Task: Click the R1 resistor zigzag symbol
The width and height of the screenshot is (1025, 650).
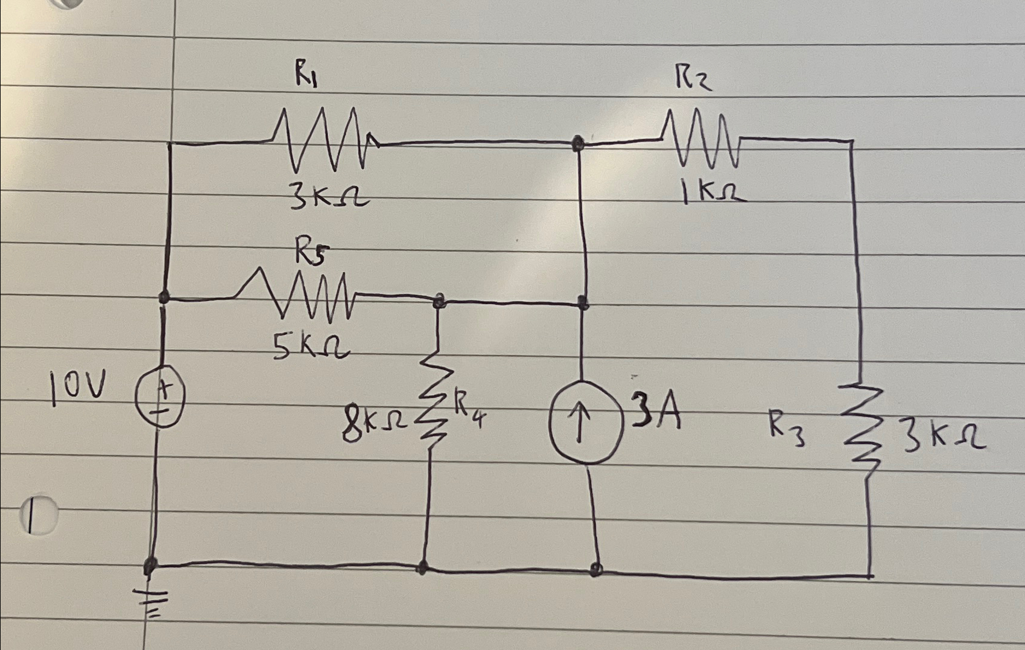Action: tap(326, 139)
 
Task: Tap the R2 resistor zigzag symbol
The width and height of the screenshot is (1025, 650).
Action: tap(700, 138)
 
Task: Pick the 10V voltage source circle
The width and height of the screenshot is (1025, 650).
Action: tap(160, 397)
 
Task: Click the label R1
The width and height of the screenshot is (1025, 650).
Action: tap(306, 75)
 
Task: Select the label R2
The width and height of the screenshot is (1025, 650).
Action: tap(693, 78)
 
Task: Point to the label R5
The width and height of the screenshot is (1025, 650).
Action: tap(311, 252)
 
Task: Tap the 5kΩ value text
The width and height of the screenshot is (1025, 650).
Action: tap(311, 348)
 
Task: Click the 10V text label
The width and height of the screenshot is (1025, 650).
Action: tap(78, 388)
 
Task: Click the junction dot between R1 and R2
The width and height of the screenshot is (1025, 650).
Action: tap(578, 143)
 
